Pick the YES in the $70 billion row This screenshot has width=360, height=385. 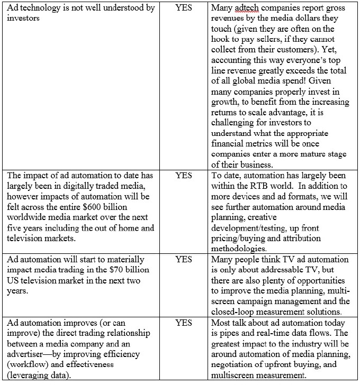coord(183,260)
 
